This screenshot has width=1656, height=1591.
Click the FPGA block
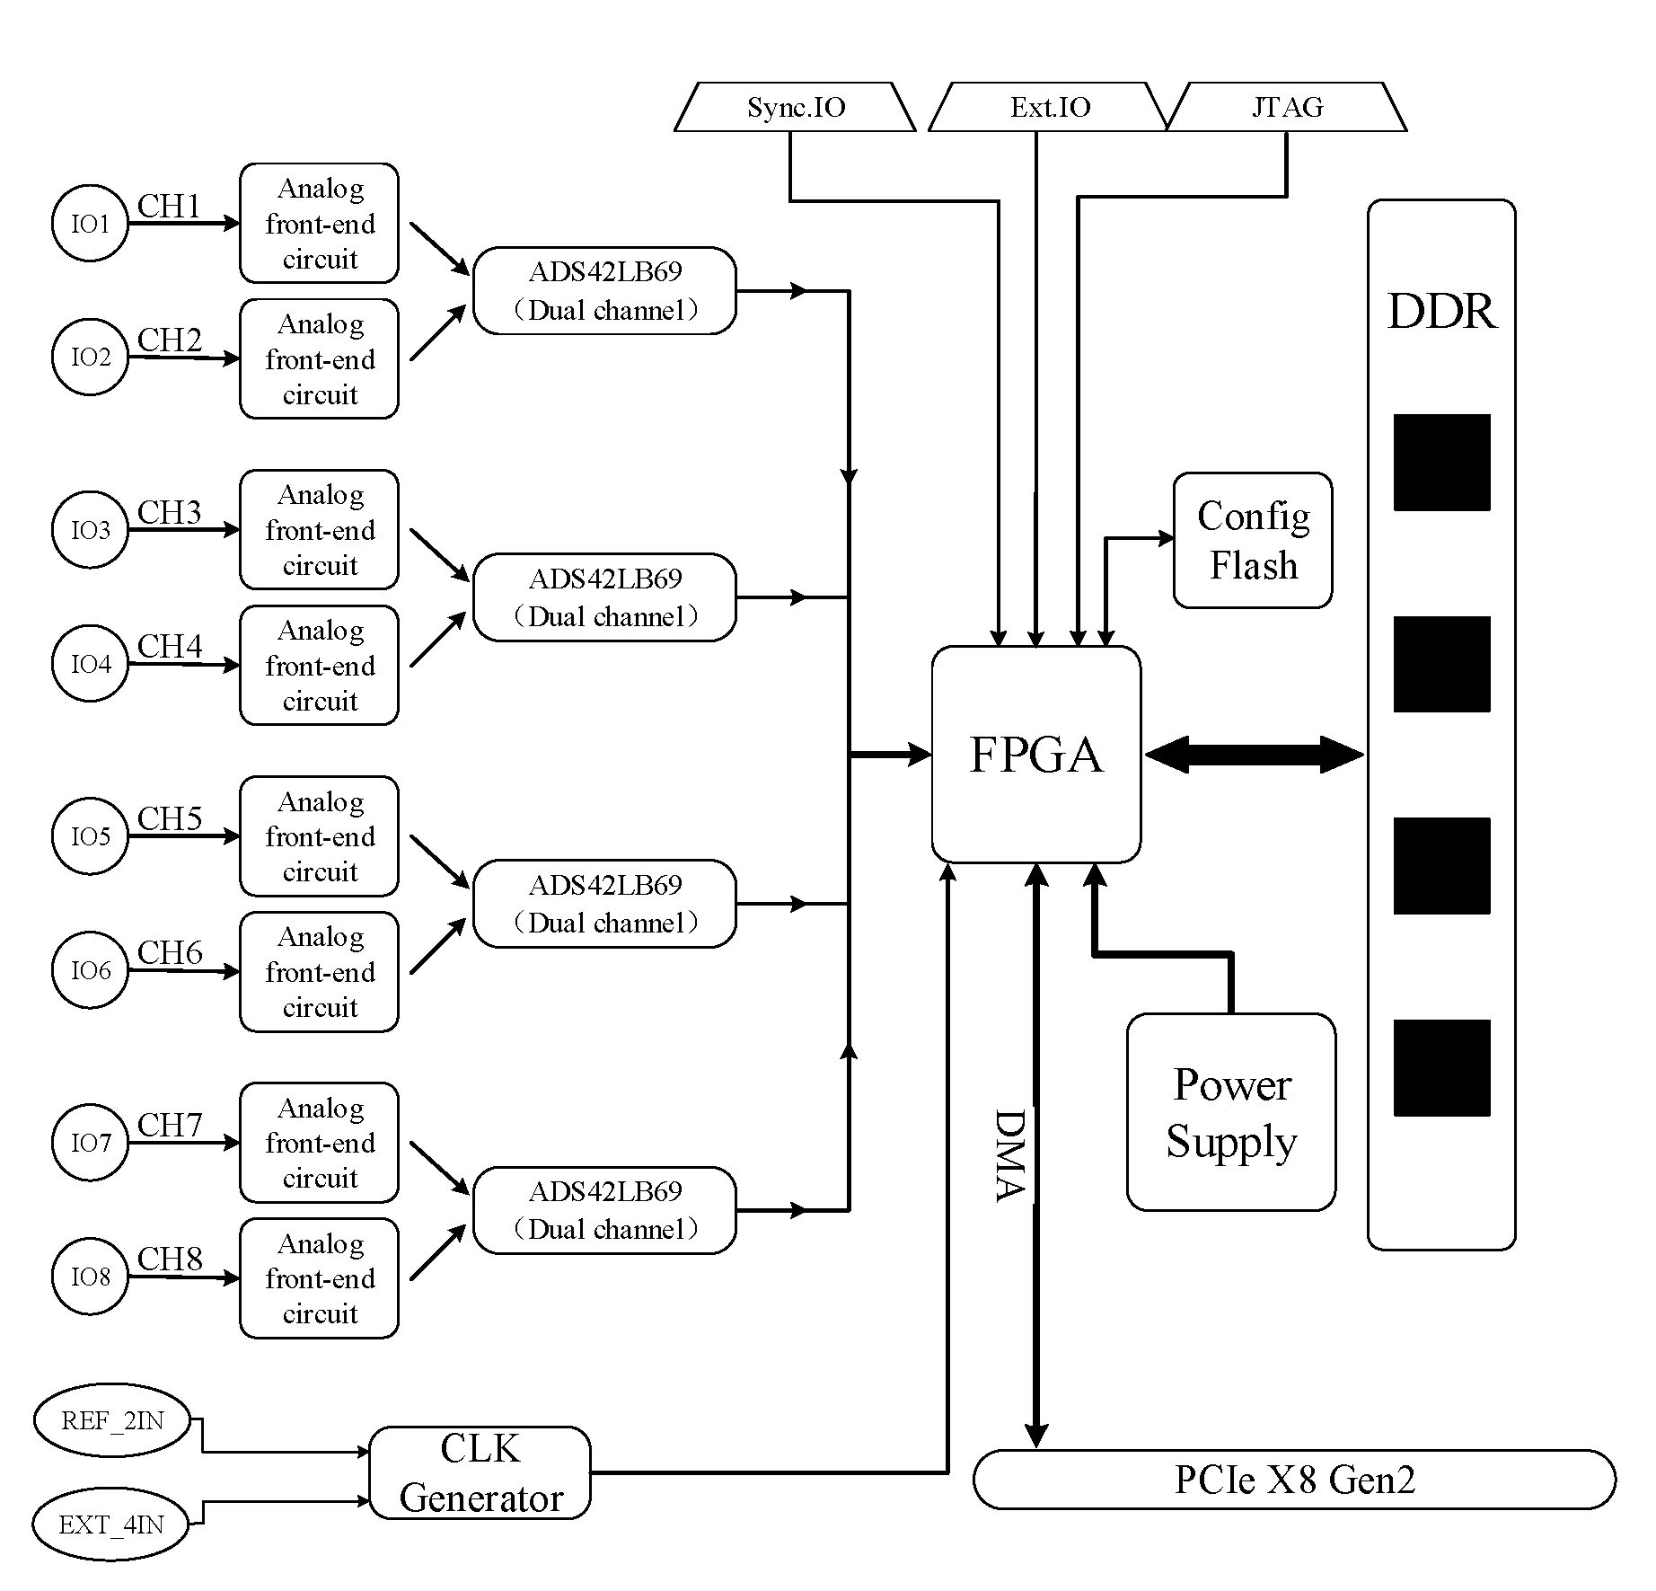[1036, 754]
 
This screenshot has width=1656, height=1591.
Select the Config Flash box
[1253, 540]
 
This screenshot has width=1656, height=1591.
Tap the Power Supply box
[1231, 1112]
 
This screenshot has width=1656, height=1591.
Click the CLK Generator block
[480, 1472]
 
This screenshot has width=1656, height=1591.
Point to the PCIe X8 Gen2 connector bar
[1294, 1480]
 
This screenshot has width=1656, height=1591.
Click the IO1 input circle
[90, 224]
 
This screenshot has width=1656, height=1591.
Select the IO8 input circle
[90, 1277]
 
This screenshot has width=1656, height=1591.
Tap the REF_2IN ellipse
[113, 1420]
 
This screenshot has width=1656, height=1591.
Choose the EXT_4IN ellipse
[111, 1525]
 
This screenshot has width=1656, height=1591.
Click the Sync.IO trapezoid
[795, 107]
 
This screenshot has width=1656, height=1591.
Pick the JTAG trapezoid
[1287, 107]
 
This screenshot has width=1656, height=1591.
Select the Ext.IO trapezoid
[1049, 107]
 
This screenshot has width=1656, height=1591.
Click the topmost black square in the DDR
[1442, 463]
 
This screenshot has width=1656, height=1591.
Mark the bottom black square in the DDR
[1442, 1068]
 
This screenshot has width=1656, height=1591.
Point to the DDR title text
[1442, 312]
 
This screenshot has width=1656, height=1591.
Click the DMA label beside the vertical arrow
[1010, 1155]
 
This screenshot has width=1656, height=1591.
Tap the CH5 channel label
[170, 818]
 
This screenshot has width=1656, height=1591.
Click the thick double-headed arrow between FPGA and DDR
[1255, 755]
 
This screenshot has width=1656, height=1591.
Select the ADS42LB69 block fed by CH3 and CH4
[604, 597]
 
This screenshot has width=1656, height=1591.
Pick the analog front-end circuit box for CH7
[319, 1143]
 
